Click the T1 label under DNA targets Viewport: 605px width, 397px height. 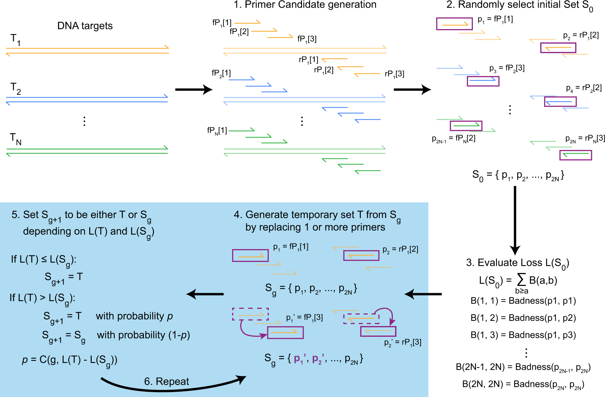(x=15, y=39)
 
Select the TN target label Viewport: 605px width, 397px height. (x=16, y=139)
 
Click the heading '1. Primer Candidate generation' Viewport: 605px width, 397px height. (x=305, y=5)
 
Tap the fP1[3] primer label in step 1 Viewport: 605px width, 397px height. (x=307, y=39)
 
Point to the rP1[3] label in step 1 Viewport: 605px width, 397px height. (x=394, y=74)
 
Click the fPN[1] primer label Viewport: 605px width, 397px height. (x=217, y=130)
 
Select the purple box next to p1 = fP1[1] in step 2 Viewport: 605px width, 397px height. (x=454, y=24)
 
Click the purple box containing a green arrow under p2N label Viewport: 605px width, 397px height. (x=576, y=155)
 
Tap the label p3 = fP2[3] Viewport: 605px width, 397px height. (x=507, y=68)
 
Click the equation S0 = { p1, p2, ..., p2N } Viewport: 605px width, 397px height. (x=518, y=176)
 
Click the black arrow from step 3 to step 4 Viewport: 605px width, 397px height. (x=423, y=294)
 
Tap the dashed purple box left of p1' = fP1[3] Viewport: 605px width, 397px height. (x=250, y=314)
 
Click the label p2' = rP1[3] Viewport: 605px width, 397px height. (x=403, y=342)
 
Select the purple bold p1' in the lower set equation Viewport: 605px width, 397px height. (x=298, y=359)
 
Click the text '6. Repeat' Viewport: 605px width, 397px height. (x=166, y=381)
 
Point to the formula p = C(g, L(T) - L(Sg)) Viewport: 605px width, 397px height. (x=70, y=360)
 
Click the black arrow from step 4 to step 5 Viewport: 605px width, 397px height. (x=205, y=294)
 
